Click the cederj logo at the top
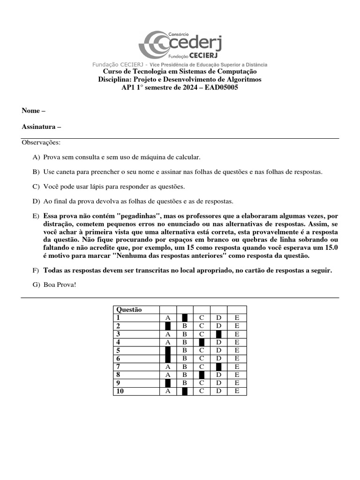[x=180, y=45]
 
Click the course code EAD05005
[x=220, y=88]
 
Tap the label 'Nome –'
[x=34, y=111]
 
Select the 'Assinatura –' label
[x=41, y=127]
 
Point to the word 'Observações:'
[x=41, y=142]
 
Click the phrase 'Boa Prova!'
[x=60, y=284]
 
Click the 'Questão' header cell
[x=129, y=309]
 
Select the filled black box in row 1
[x=185, y=318]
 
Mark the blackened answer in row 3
[x=218, y=334]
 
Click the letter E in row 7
[x=237, y=367]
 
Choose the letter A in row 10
[x=168, y=391]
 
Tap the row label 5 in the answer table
[x=119, y=351]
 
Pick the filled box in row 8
[x=202, y=375]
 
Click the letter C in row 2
[x=202, y=326]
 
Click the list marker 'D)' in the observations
[x=36, y=201]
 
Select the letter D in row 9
[x=218, y=383]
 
